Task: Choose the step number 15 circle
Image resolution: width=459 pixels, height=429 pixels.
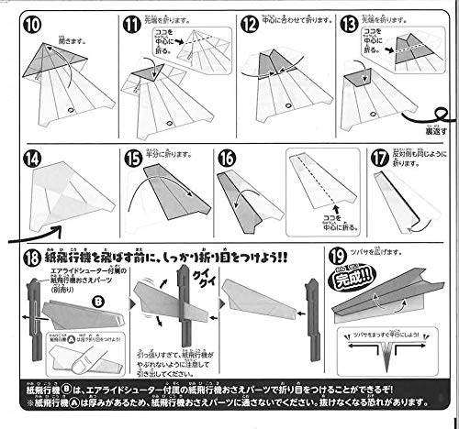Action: pos(134,158)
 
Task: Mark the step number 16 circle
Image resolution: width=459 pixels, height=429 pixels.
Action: pos(227,158)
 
